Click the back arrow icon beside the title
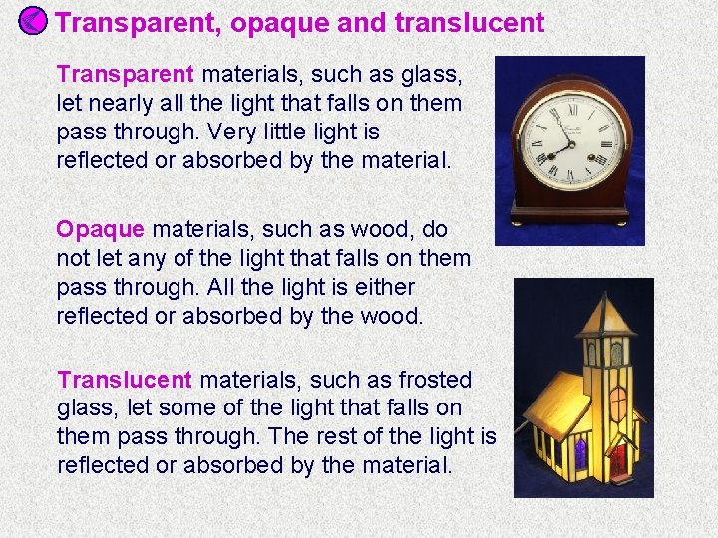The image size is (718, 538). tap(32, 21)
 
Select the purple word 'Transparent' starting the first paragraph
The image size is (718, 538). tap(126, 74)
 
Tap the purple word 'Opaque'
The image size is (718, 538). tap(100, 230)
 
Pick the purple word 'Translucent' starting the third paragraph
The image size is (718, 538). tap(125, 380)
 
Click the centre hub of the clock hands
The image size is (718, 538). tap(571, 144)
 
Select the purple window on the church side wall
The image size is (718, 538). tap(580, 454)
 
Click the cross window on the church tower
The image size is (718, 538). tap(618, 403)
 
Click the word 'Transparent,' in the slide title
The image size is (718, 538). tap(138, 23)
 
